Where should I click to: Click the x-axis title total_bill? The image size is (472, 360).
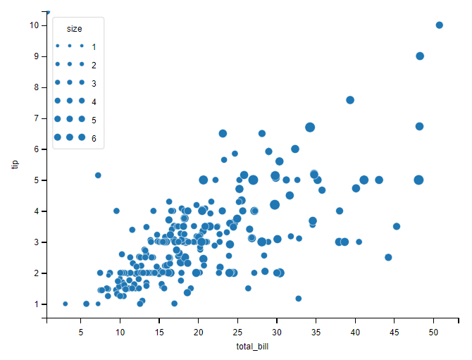[x=254, y=347]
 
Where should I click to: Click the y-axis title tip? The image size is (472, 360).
[x=15, y=164]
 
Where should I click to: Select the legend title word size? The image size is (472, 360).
[x=74, y=29]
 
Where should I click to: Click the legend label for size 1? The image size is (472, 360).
[x=94, y=46]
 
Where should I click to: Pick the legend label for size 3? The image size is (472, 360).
[x=94, y=83]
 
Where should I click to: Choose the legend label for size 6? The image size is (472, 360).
[x=94, y=138]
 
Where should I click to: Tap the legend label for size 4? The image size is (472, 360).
[x=94, y=101]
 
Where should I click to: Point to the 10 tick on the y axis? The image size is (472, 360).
[x=34, y=25]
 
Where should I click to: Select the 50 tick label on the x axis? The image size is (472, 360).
[x=435, y=332]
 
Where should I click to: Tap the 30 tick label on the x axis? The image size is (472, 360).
[x=278, y=332]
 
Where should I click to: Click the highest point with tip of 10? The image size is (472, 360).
[x=440, y=25]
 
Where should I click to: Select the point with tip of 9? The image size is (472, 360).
[x=420, y=56]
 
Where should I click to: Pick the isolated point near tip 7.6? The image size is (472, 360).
[x=350, y=100]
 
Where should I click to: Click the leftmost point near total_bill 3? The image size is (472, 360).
[x=66, y=304]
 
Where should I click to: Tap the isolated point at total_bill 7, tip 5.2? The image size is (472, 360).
[x=98, y=175]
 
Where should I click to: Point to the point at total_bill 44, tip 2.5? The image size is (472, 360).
[x=388, y=257]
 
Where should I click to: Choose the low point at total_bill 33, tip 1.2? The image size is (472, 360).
[x=299, y=299]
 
